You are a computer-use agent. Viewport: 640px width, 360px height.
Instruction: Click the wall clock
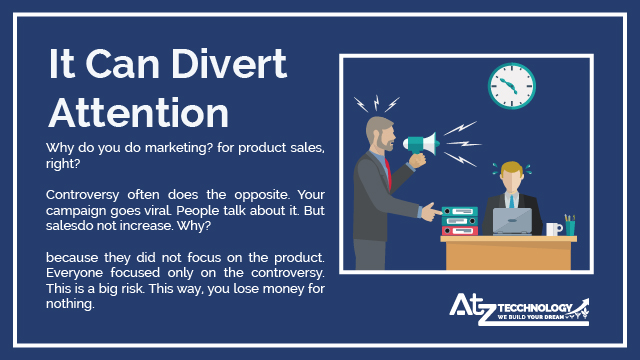tap(512, 86)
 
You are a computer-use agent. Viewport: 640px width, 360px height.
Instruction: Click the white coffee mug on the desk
tap(553, 229)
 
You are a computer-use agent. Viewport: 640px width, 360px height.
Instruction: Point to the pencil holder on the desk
tap(569, 226)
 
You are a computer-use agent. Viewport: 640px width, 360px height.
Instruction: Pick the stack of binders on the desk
tap(459, 219)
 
